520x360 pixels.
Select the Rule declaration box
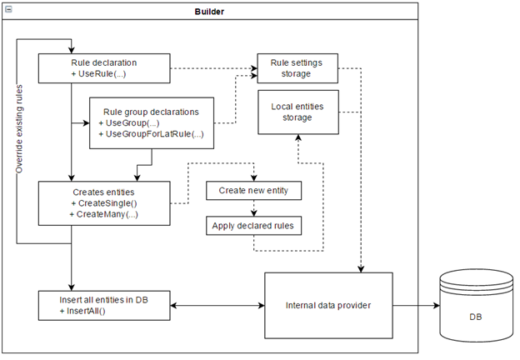tap(104, 67)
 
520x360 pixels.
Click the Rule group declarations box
tap(151, 122)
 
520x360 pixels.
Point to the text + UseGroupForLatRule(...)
tap(151, 134)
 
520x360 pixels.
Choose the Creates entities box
tap(104, 203)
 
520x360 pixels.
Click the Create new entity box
tap(253, 191)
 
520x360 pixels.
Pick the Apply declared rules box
tap(253, 226)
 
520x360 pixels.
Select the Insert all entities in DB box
tap(104, 305)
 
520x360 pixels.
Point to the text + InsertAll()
tap(89, 311)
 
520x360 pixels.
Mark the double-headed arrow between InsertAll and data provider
tap(217, 305)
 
